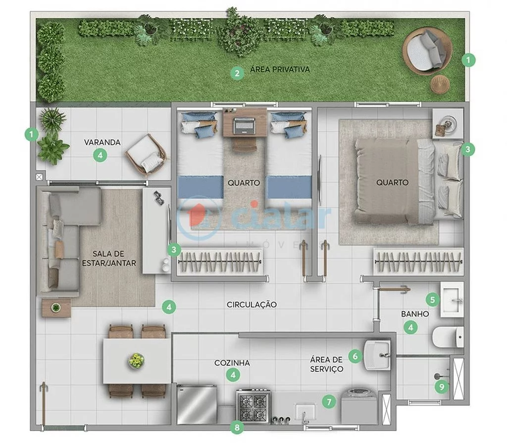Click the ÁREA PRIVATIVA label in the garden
[x=280, y=69]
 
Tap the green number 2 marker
[x=238, y=74]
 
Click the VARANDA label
[x=102, y=142]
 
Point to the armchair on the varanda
[x=146, y=154]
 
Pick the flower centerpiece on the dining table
[x=136, y=360]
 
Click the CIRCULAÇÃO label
[x=252, y=305]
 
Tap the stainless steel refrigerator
[x=197, y=404]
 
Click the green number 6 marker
[x=355, y=355]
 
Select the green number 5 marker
[x=432, y=299]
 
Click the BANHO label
[x=415, y=314]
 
